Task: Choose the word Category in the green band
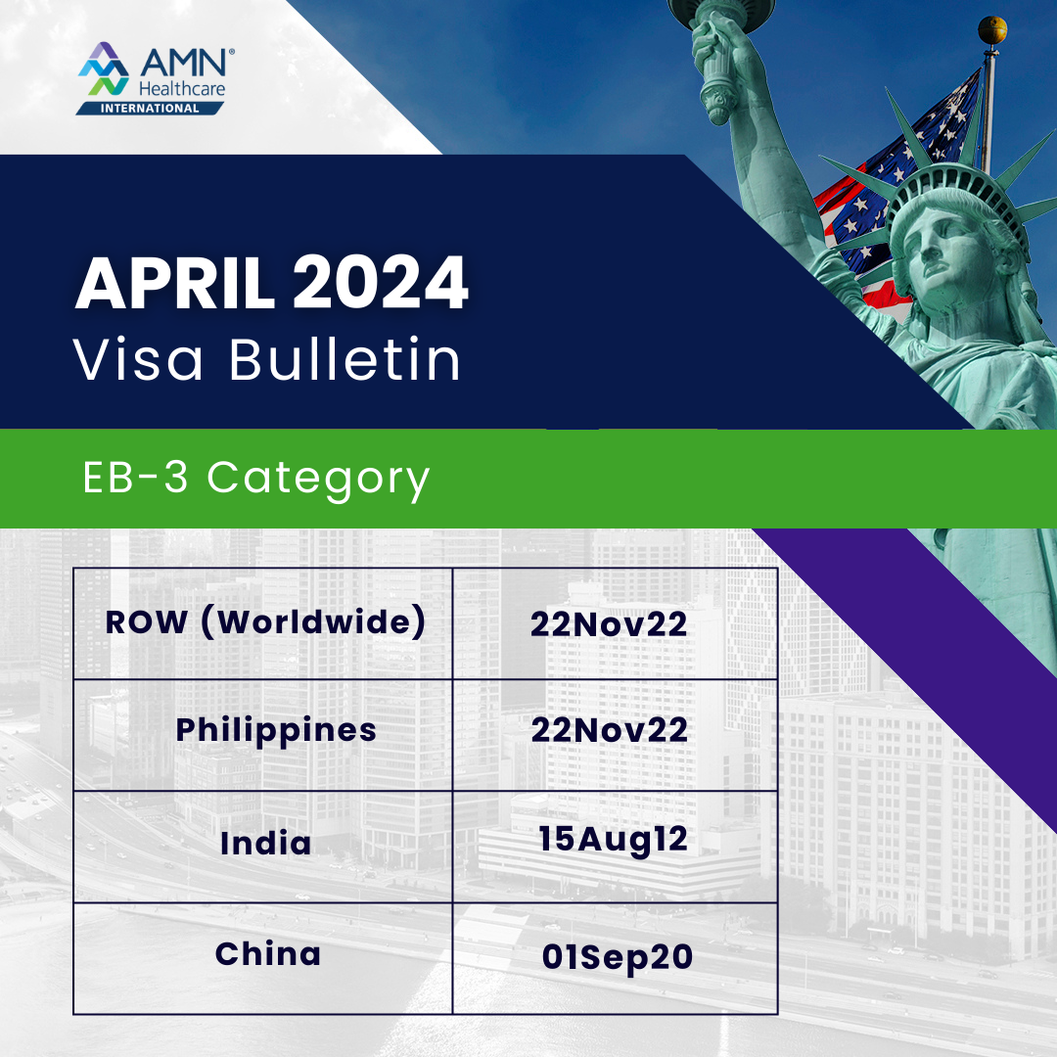pos(319,481)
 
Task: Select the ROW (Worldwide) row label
pos(265,624)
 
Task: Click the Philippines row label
pos(276,730)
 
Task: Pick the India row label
pos(265,844)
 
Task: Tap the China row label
pos(268,954)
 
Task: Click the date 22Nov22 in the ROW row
pos(609,625)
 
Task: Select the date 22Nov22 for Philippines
pos(609,730)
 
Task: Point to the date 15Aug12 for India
pos(613,840)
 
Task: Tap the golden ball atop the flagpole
pos(991,29)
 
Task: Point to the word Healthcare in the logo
pos(184,88)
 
